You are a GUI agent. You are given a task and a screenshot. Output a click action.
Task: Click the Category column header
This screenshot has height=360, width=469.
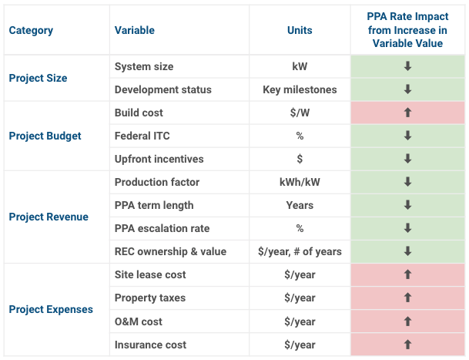click(x=31, y=30)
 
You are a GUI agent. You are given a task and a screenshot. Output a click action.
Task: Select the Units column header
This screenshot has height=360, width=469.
click(x=300, y=30)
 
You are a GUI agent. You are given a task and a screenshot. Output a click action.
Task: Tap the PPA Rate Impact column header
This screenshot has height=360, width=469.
click(x=407, y=30)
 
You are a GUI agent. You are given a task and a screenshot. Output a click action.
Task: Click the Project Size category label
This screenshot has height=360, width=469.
click(x=38, y=78)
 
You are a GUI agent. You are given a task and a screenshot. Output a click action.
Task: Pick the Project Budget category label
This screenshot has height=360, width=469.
click(x=45, y=136)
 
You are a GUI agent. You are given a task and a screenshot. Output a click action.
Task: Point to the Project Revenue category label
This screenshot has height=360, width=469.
click(x=49, y=217)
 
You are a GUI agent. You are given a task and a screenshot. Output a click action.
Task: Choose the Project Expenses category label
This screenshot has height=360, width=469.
click(x=51, y=309)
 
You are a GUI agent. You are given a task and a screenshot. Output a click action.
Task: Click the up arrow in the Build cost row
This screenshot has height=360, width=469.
click(x=407, y=113)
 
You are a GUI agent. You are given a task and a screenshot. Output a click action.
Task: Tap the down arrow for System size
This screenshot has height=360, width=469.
click(x=407, y=66)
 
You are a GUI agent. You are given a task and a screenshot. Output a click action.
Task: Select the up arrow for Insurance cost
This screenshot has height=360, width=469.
click(x=407, y=345)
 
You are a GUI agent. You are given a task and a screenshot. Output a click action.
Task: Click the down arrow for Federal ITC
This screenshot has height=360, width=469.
click(x=407, y=136)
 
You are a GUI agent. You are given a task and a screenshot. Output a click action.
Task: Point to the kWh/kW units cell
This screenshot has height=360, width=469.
click(x=300, y=182)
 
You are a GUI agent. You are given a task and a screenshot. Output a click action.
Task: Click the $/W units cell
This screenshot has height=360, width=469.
click(x=300, y=113)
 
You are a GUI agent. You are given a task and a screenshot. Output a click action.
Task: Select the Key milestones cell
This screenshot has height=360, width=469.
click(x=300, y=89)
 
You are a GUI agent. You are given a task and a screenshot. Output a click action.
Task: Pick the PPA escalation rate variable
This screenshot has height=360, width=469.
click(x=162, y=228)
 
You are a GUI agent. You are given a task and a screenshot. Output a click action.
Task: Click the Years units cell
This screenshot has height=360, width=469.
click(x=300, y=205)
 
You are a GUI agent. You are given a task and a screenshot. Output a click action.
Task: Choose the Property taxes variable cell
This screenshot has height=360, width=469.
click(x=150, y=298)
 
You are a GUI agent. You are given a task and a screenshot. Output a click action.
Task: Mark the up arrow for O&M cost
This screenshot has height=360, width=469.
click(x=407, y=321)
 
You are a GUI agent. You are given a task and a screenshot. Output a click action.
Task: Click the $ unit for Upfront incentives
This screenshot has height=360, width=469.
click(x=300, y=159)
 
